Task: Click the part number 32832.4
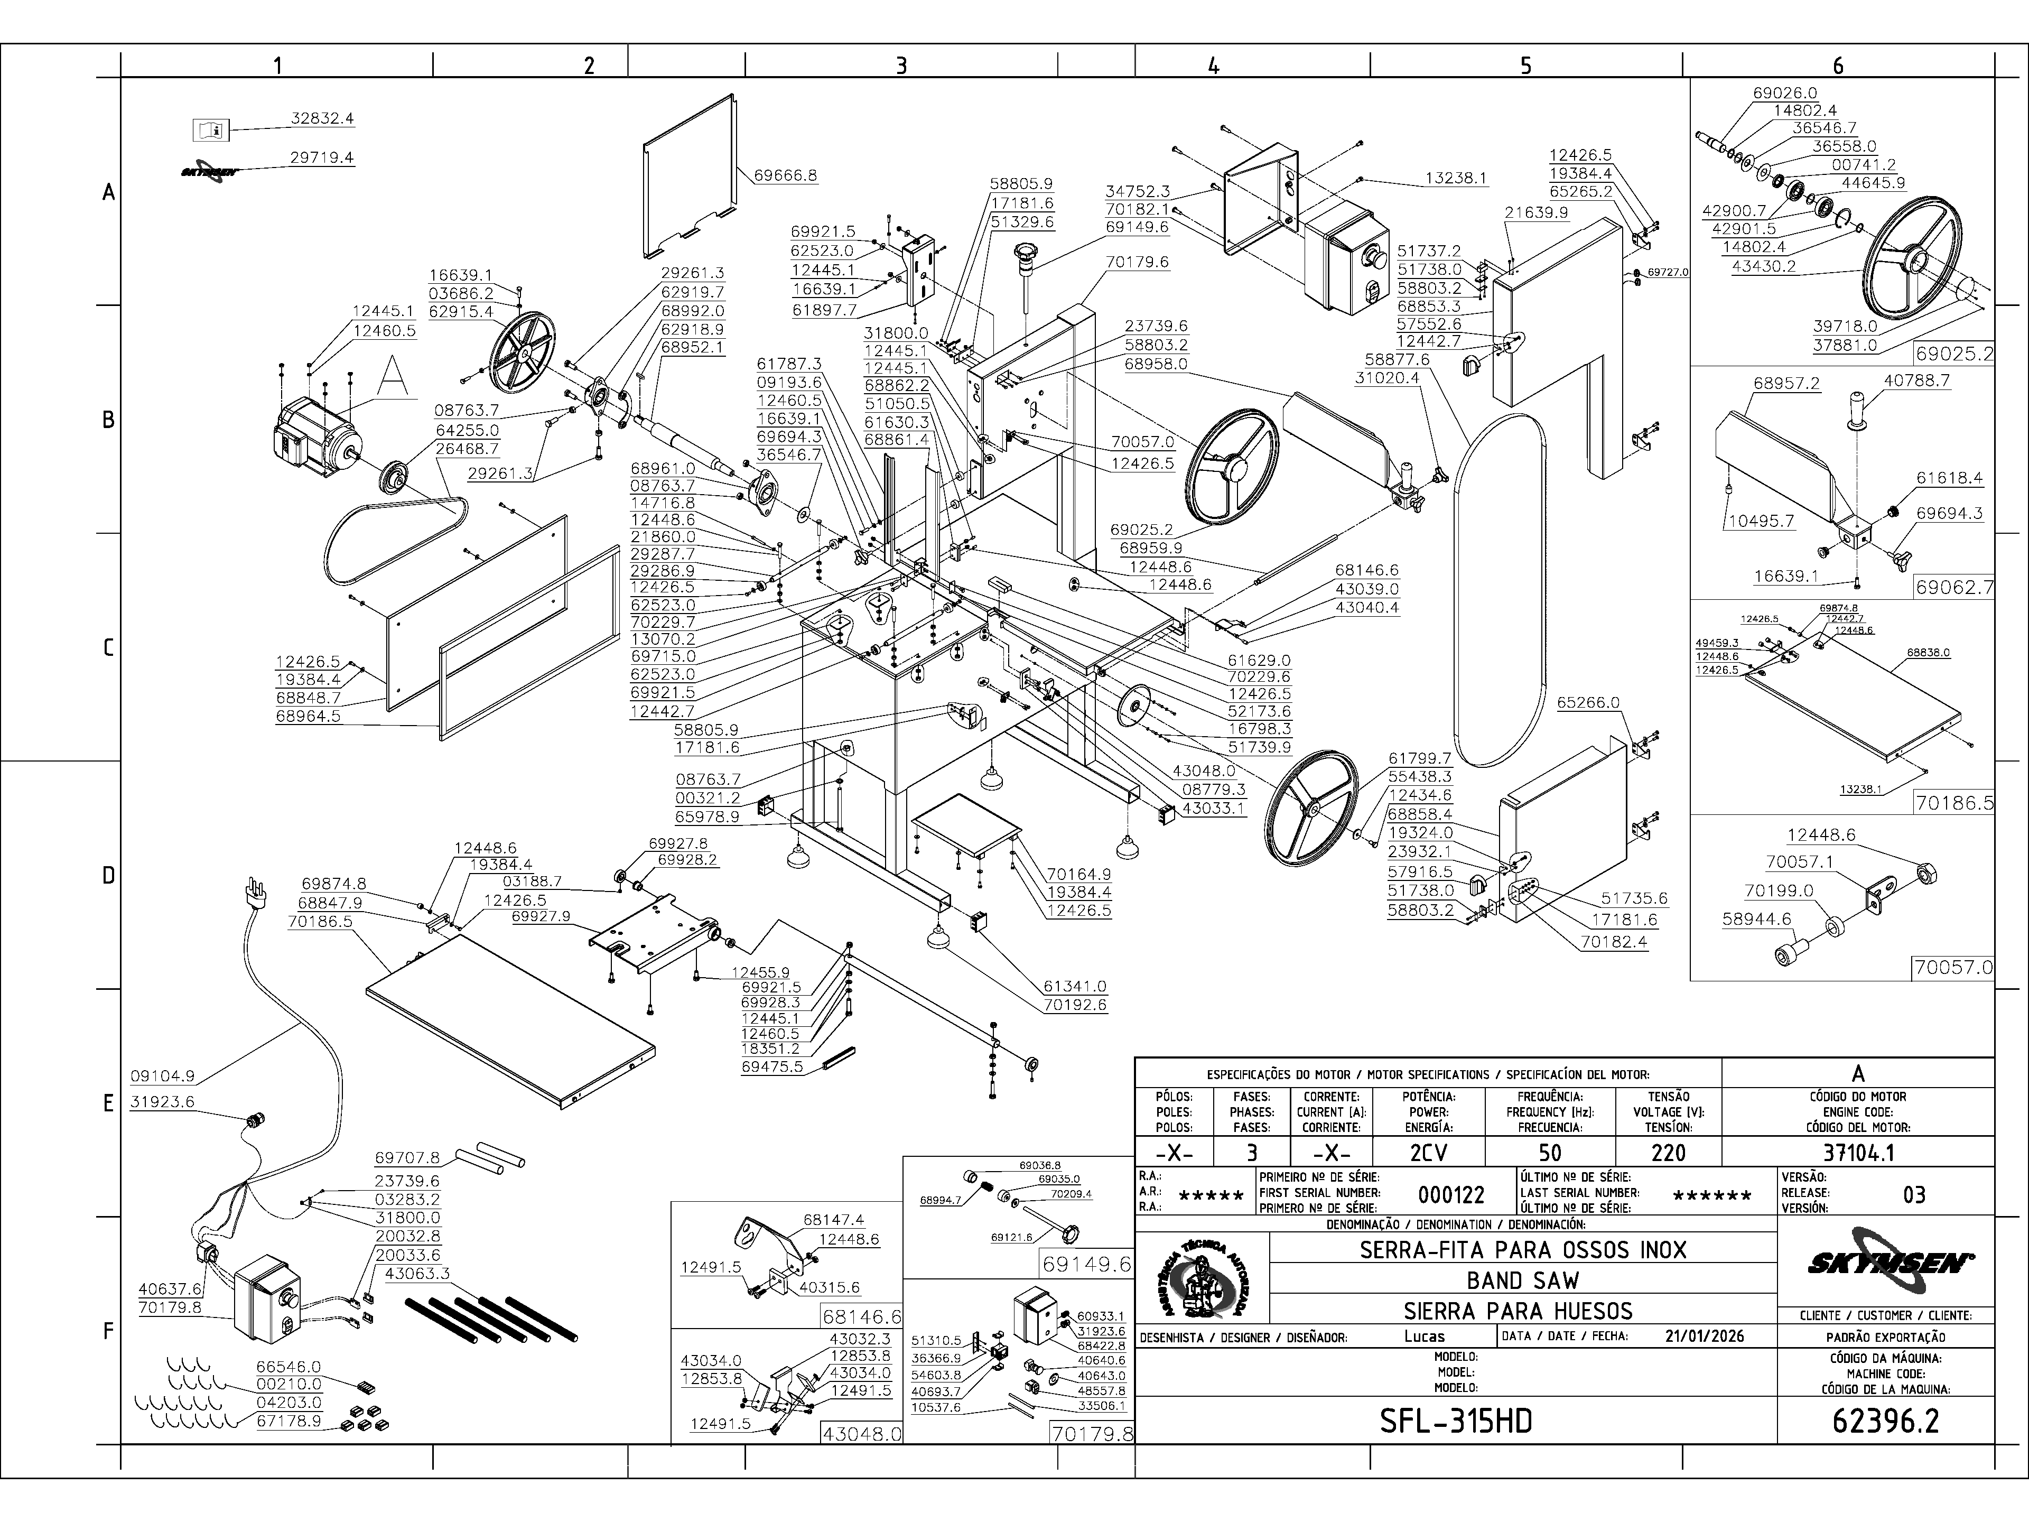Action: click(x=322, y=118)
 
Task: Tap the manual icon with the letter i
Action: click(x=210, y=131)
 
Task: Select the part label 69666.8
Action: click(x=785, y=175)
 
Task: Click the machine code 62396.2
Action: click(x=1885, y=1421)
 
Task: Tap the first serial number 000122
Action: click(x=1451, y=1194)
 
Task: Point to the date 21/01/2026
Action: click(x=1704, y=1337)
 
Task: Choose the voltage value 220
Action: click(x=1668, y=1152)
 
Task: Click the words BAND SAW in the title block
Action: click(x=1523, y=1280)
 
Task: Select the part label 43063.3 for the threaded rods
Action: click(x=417, y=1274)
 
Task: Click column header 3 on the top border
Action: click(x=901, y=65)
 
